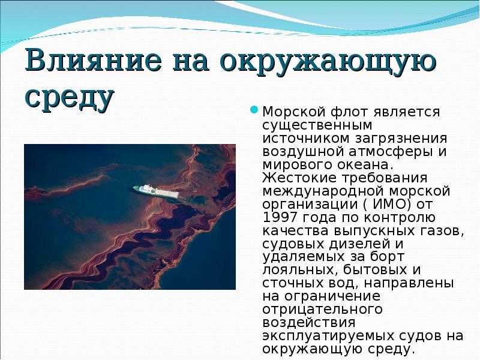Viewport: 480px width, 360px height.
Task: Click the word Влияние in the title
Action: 93,59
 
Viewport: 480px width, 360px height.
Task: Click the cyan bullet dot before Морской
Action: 254,110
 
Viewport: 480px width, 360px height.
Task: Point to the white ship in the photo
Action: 156,191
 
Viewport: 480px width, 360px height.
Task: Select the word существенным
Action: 317,125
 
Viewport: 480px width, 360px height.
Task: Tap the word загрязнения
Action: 401,139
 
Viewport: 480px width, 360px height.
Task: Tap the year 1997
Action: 280,217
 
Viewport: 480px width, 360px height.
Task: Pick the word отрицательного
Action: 323,309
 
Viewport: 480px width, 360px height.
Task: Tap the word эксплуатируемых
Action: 328,336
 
